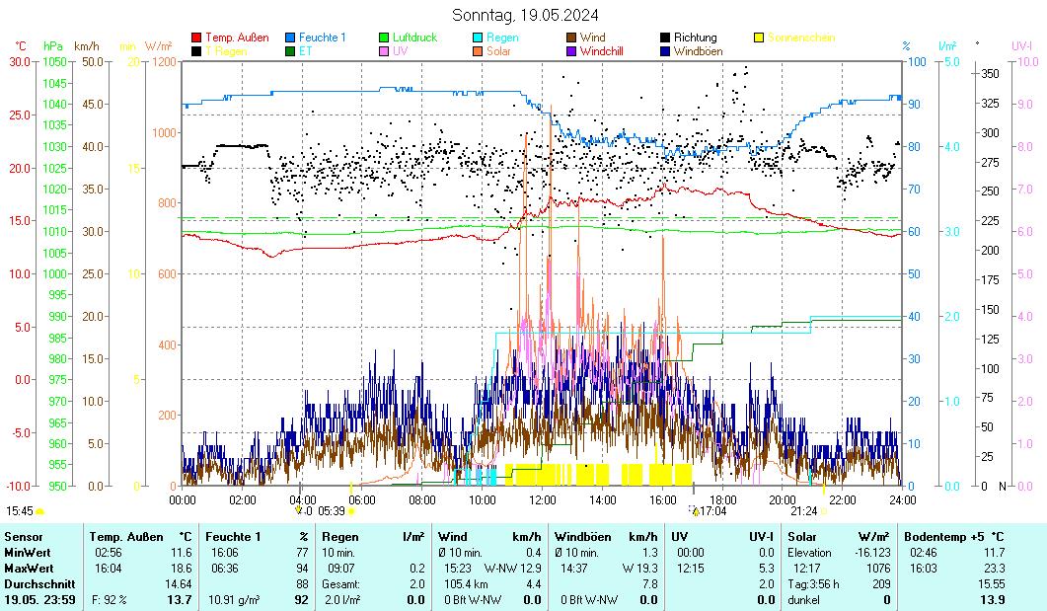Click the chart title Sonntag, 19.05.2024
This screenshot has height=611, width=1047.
(524, 15)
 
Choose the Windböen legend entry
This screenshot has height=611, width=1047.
(698, 51)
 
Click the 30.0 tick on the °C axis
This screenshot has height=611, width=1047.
(21, 61)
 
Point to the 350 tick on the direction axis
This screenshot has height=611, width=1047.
(990, 73)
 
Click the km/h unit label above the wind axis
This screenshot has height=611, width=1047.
(87, 45)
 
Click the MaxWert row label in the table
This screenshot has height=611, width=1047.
(28, 568)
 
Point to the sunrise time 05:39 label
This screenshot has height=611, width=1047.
(333, 511)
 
